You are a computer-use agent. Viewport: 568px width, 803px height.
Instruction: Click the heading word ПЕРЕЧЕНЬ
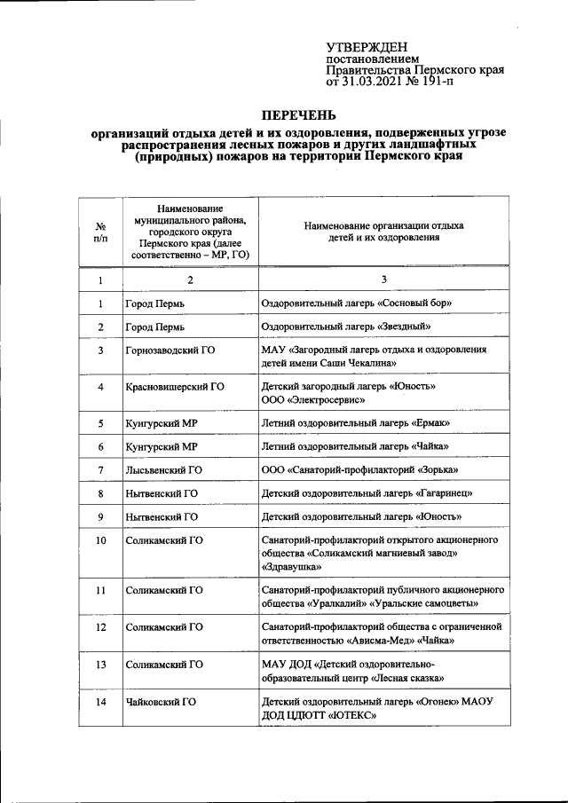(x=297, y=115)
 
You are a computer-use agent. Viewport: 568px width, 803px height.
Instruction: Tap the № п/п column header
(x=101, y=232)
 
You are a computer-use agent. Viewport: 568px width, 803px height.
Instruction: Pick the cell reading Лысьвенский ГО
(x=164, y=469)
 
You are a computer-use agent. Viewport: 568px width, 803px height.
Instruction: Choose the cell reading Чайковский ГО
(x=161, y=702)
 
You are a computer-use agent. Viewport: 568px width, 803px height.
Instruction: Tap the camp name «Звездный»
(x=413, y=327)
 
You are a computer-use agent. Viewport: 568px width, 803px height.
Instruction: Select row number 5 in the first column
(x=101, y=423)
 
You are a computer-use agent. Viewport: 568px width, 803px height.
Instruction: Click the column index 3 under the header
(x=383, y=280)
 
